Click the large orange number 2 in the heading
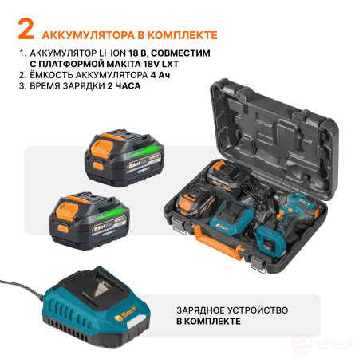tap(26, 33)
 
